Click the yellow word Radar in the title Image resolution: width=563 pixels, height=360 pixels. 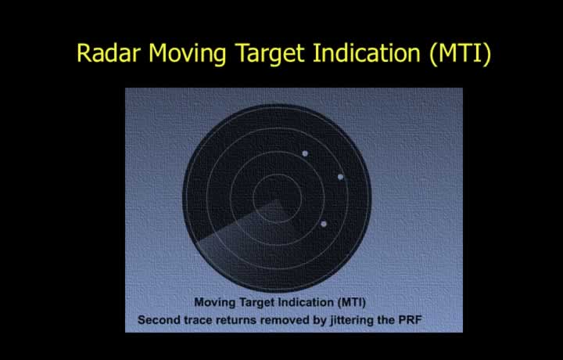click(x=108, y=52)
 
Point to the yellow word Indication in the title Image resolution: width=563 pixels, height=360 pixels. click(x=367, y=52)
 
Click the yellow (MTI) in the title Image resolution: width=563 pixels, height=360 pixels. click(x=460, y=54)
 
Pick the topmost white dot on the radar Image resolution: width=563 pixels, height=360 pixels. click(x=305, y=153)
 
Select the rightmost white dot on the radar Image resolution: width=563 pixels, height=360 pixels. click(x=340, y=177)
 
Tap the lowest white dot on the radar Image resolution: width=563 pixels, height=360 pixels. click(x=324, y=224)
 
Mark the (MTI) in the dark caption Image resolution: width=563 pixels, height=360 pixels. click(x=352, y=303)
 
